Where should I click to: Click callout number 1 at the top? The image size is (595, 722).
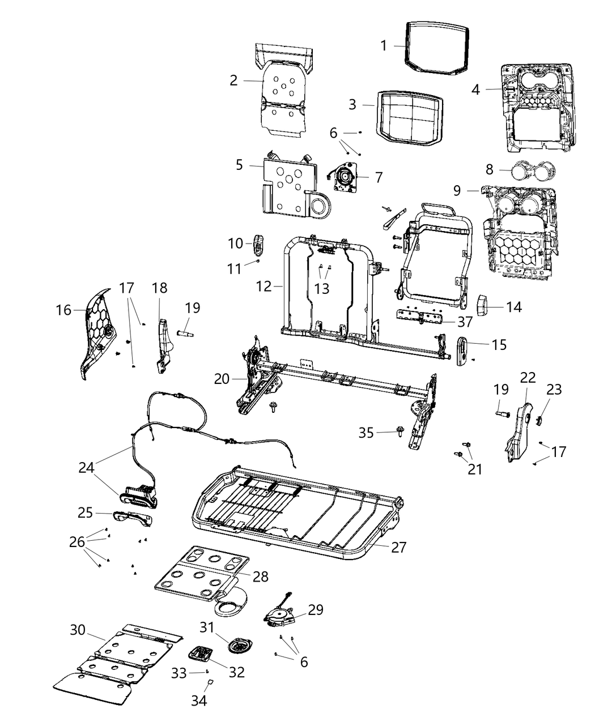pyautogui.click(x=384, y=45)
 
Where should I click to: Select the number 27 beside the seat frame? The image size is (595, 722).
pyautogui.click(x=399, y=547)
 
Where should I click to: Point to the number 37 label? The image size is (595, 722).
pyautogui.click(x=465, y=322)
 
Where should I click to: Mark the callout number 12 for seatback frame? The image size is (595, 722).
pyautogui.click(x=264, y=287)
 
